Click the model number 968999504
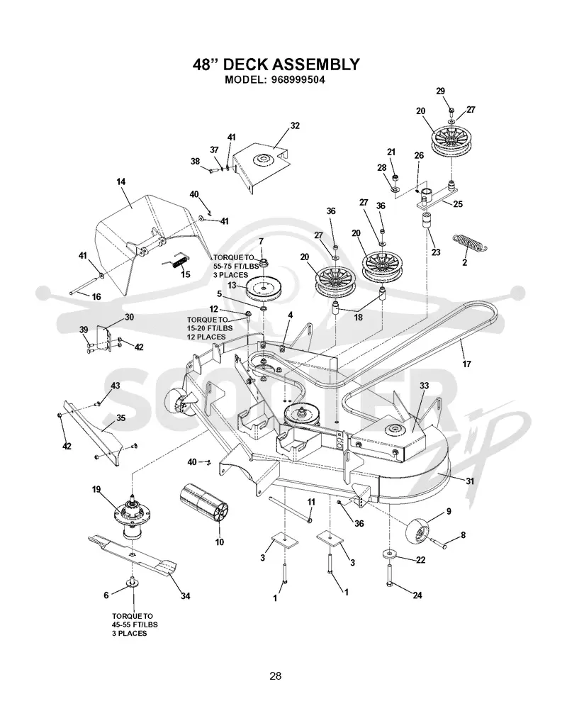coord(295,79)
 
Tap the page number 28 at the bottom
coord(276,676)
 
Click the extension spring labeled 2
coord(471,242)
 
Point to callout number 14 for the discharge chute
coord(120,181)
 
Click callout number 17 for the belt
coord(466,364)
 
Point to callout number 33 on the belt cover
coord(424,386)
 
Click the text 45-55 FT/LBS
coord(135,625)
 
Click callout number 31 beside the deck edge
coord(470,481)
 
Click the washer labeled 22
coord(389,554)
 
